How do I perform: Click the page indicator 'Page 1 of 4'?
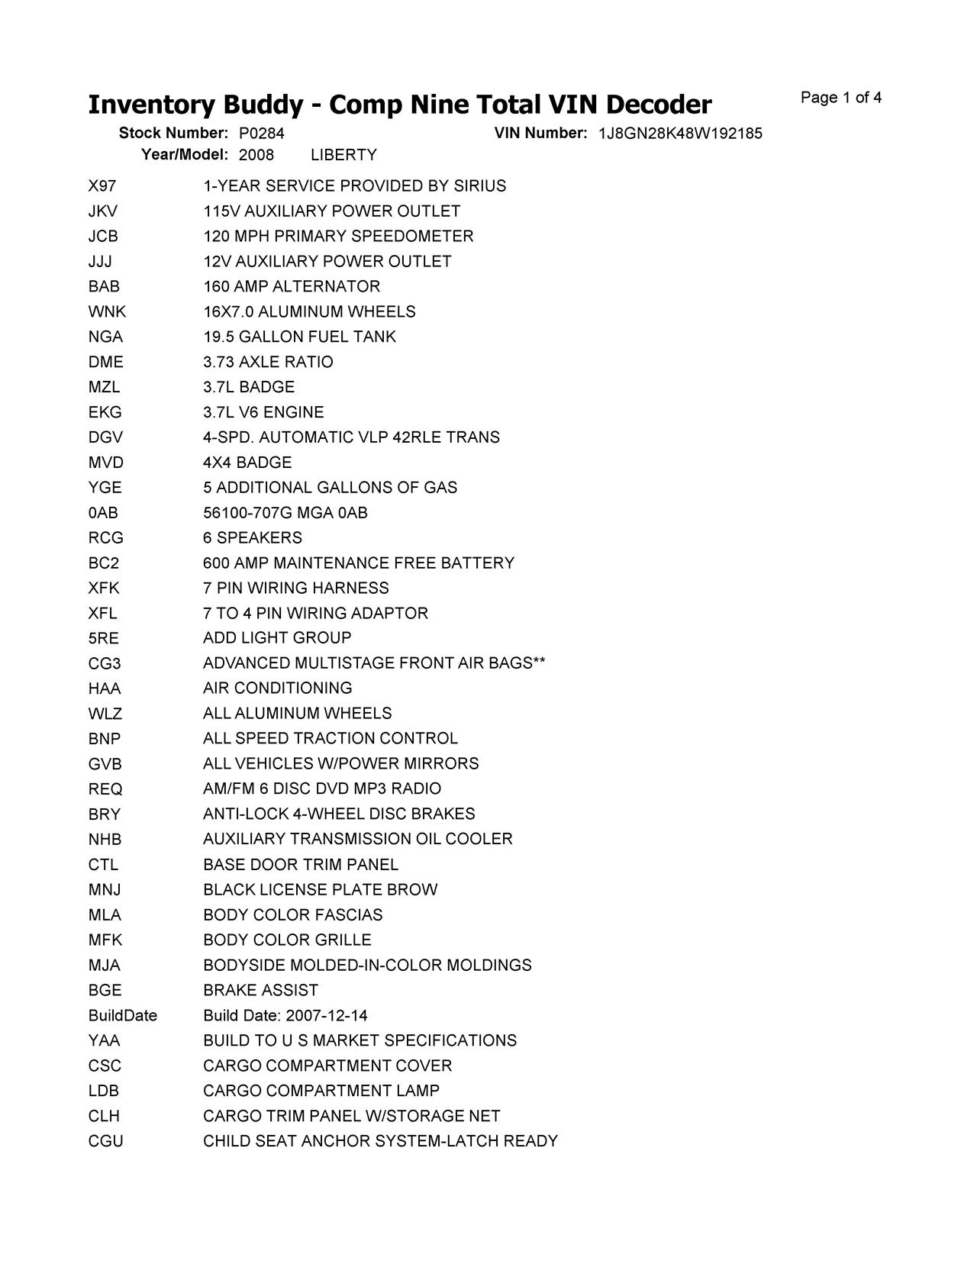pyautogui.click(x=841, y=98)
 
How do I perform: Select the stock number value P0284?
pyautogui.click(x=261, y=134)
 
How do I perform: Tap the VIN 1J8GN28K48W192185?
pyautogui.click(x=680, y=134)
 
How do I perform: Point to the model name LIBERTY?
pyautogui.click(x=343, y=155)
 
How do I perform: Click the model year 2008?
pyautogui.click(x=256, y=155)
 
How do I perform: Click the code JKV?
pyautogui.click(x=103, y=211)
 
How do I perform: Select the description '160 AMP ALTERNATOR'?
pyautogui.click(x=292, y=287)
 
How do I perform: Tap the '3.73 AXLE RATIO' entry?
pyautogui.click(x=268, y=362)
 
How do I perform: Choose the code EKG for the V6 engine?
pyautogui.click(x=105, y=413)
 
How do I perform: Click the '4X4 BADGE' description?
pyautogui.click(x=247, y=463)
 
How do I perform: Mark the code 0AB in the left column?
pyautogui.click(x=103, y=513)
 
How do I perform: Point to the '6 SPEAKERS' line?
pyautogui.click(x=253, y=538)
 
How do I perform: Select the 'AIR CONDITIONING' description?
pyautogui.click(x=278, y=688)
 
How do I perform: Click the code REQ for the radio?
pyautogui.click(x=105, y=789)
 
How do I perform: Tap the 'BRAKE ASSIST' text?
pyautogui.click(x=260, y=991)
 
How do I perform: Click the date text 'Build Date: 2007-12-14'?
pyautogui.click(x=285, y=1016)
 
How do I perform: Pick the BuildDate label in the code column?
pyautogui.click(x=122, y=1016)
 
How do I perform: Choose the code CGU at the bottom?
pyautogui.click(x=105, y=1142)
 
